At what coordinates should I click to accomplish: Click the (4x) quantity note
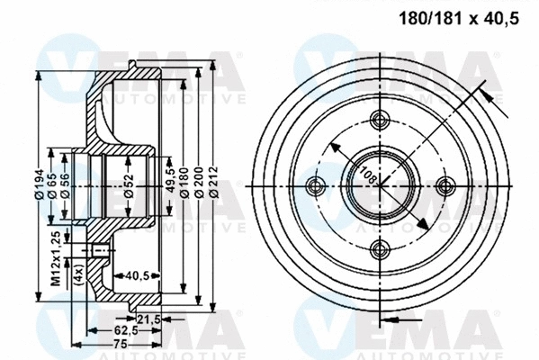[79, 271]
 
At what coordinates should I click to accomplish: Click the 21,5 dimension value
[147, 319]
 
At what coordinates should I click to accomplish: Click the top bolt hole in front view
[379, 119]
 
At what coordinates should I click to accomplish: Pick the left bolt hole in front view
[314, 185]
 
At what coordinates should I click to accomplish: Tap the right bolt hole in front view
[444, 184]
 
